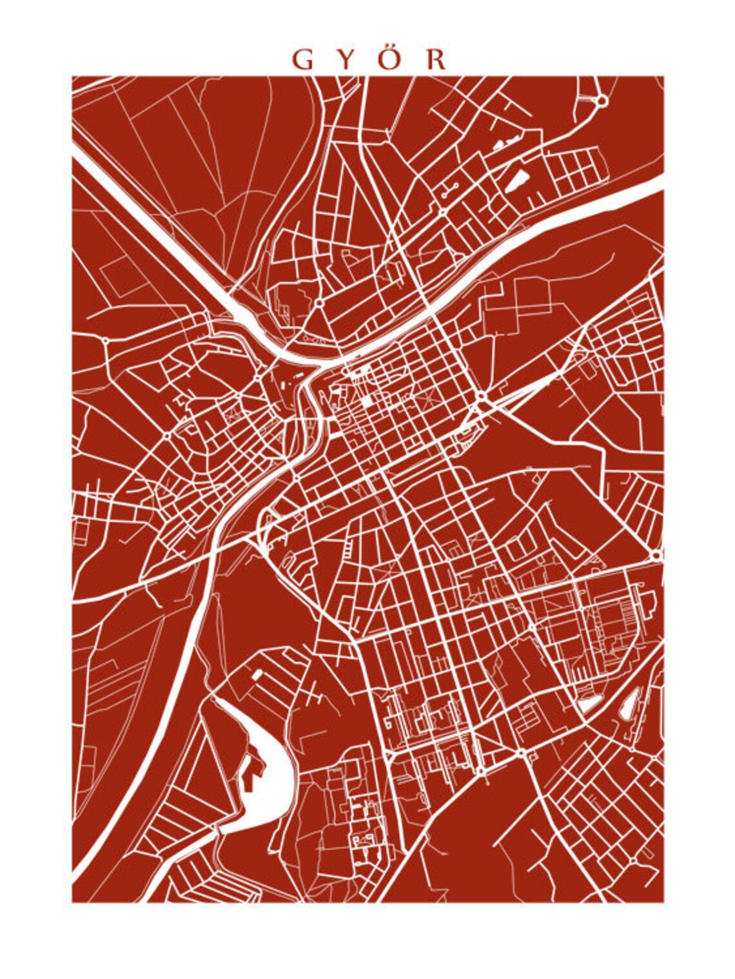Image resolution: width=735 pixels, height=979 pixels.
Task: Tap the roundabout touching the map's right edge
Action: pos(656,554)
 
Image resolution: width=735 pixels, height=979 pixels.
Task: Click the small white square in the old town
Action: pos(366,401)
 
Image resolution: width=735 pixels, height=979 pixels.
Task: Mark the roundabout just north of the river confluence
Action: pos(318,301)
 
